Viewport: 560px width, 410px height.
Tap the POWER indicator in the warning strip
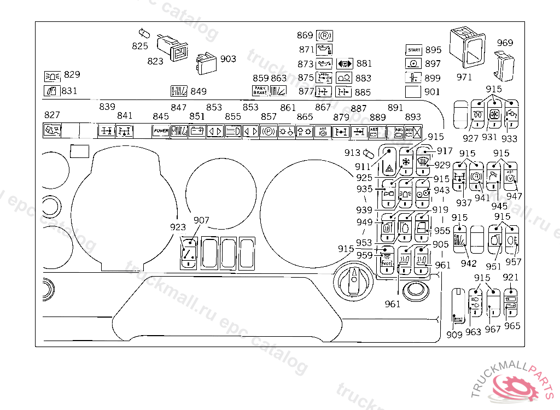[x=161, y=131]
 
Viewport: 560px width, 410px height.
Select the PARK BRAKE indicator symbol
[x=259, y=91]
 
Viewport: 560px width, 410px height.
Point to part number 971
[x=464, y=77]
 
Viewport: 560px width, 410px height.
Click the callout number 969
[x=505, y=43]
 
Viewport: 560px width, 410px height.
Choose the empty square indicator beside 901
[x=414, y=91]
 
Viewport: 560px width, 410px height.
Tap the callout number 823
[x=155, y=61]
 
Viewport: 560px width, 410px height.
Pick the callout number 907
[x=201, y=220]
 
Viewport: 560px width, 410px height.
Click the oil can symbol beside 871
[x=324, y=50]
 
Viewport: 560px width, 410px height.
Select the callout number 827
[x=52, y=115]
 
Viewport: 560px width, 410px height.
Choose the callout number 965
[x=512, y=326]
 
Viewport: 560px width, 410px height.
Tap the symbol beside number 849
[x=179, y=91]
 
